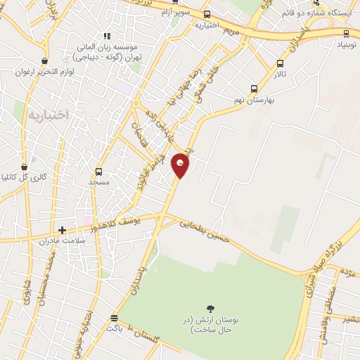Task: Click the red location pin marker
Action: [181, 165]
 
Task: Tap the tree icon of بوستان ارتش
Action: [210, 308]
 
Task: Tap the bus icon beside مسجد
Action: [98, 172]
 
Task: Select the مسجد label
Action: [99, 182]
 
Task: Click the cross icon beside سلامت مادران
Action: [63, 230]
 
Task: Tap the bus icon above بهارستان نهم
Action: [254, 89]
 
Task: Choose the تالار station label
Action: [281, 73]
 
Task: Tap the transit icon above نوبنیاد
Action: [346, 32]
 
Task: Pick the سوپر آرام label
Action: [175, 13]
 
